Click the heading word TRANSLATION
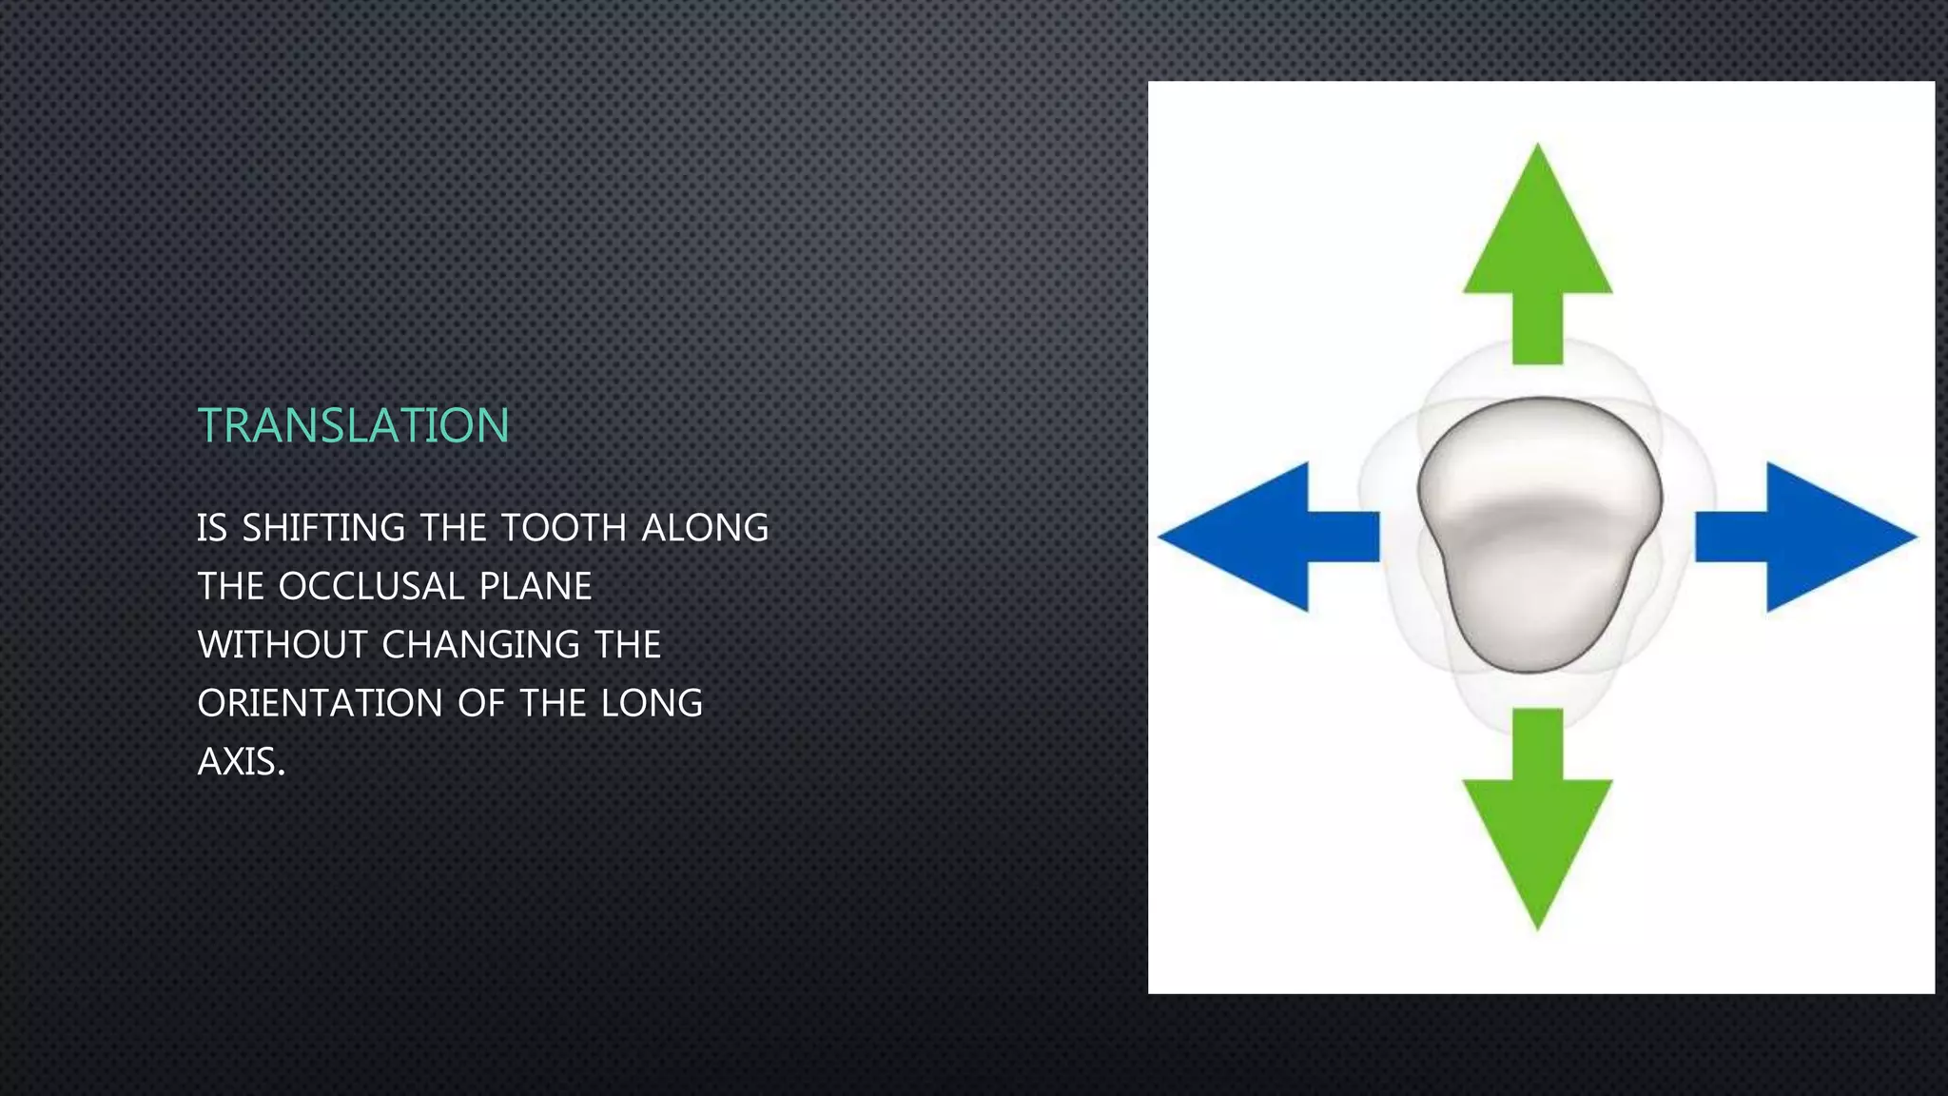pos(353,425)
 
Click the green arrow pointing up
pos(1537,257)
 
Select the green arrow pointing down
pos(1537,818)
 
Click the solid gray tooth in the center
pos(1539,533)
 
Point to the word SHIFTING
pos(324,528)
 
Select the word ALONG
pos(705,528)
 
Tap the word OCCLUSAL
pos(370,586)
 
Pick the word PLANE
pos(536,586)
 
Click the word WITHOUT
pos(282,645)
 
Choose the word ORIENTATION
pos(320,704)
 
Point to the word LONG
pos(652,704)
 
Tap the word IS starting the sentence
pos(211,528)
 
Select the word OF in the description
pos(481,704)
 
